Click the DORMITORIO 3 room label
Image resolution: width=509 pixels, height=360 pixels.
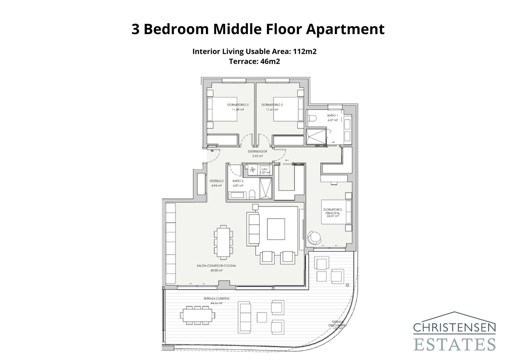238,105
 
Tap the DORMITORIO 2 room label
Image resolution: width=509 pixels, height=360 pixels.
272,105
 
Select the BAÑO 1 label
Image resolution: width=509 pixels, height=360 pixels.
332,115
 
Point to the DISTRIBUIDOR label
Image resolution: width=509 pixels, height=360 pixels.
257,152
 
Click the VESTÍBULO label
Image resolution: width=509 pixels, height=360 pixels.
216,181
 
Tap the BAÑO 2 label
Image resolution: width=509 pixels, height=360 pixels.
238,181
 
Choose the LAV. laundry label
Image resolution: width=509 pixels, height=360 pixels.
265,169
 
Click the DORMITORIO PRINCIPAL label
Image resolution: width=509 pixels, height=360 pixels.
332,211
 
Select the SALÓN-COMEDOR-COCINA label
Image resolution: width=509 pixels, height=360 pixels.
216,265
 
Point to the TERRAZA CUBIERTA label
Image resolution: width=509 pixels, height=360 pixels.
216,299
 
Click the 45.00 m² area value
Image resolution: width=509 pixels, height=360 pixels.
216,270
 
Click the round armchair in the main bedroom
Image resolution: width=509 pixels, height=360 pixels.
315,237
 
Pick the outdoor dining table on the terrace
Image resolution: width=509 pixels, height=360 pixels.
197,315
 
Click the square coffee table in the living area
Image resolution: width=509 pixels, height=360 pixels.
276,229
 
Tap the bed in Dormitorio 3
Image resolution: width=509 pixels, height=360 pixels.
223,109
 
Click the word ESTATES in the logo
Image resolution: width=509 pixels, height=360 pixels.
454,344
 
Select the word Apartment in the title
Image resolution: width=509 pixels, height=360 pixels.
345,29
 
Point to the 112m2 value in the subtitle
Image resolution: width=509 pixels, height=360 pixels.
305,51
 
